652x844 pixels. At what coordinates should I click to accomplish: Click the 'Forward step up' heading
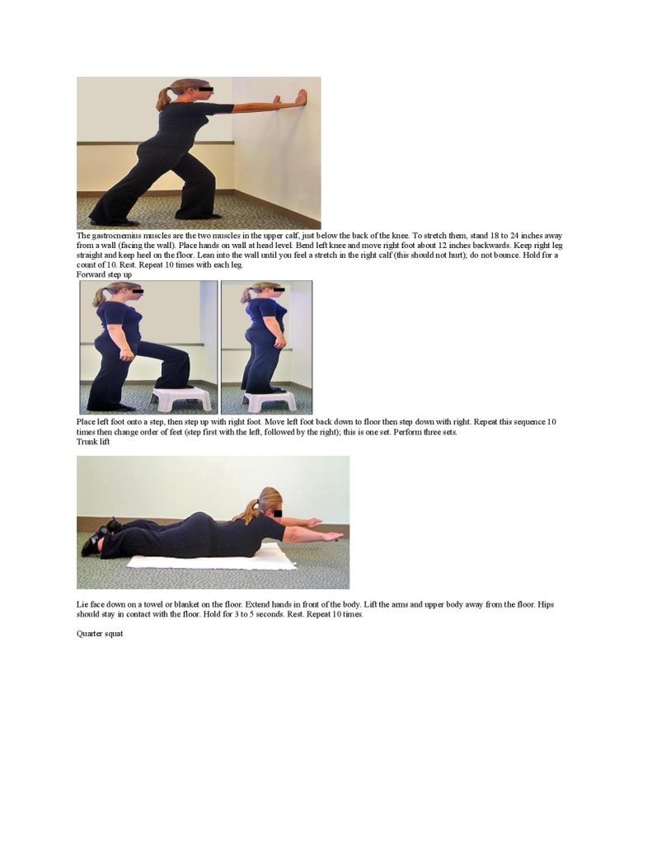(104, 274)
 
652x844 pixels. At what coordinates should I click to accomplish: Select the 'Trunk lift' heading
(93, 442)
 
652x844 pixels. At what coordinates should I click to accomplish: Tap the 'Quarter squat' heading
(100, 634)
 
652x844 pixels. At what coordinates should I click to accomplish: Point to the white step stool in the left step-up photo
(181, 399)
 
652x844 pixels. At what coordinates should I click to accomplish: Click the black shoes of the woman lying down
(97, 536)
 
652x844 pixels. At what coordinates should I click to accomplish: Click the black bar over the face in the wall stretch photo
(206, 89)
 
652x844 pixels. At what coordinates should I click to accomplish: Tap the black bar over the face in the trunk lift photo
(279, 513)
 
